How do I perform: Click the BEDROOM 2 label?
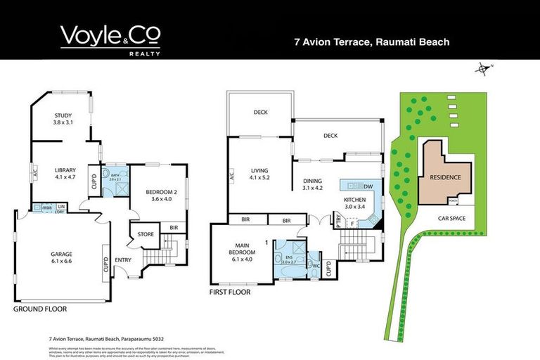(158, 195)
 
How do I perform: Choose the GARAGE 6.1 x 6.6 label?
(60, 257)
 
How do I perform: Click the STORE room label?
(146, 235)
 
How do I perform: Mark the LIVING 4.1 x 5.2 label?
(257, 173)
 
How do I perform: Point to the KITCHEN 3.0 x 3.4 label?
(355, 203)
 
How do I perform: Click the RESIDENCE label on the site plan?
(445, 177)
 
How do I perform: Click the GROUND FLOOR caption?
(39, 309)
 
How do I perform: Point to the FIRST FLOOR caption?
(232, 290)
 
